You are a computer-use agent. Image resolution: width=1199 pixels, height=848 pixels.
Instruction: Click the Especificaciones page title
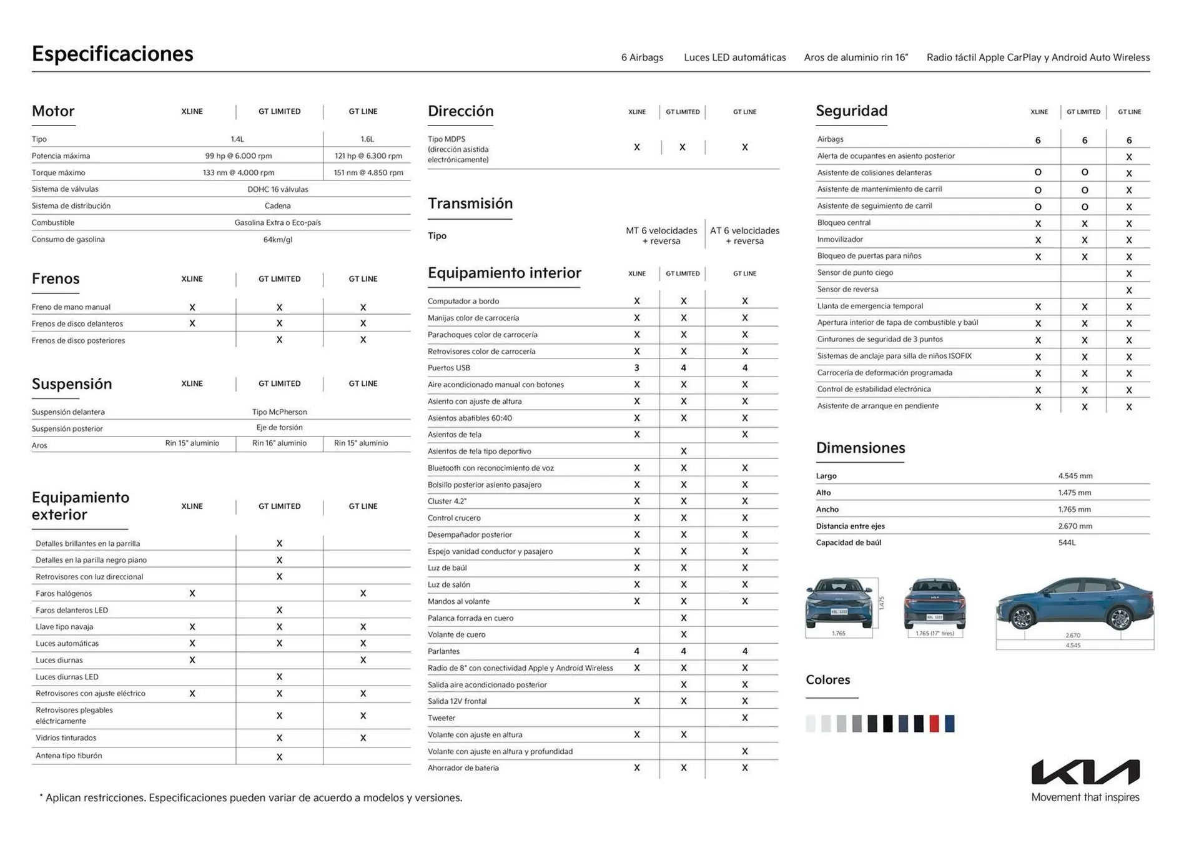point(112,54)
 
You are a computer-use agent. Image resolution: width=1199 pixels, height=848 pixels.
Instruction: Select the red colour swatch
point(934,724)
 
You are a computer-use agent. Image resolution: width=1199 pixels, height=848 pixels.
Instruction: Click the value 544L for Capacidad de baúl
point(1067,543)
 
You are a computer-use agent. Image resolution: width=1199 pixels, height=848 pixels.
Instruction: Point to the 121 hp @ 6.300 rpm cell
point(368,156)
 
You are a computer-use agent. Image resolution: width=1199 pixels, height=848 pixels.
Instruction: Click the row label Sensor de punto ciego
point(855,273)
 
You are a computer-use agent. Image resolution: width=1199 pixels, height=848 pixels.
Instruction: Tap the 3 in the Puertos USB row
point(636,368)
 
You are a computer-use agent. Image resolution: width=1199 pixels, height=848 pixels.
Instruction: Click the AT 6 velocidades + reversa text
point(744,236)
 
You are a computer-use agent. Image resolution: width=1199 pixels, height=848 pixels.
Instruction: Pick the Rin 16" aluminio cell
point(279,443)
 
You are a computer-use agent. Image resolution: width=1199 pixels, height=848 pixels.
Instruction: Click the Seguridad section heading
point(851,111)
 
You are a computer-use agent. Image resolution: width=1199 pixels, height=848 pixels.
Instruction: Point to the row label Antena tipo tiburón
point(69,756)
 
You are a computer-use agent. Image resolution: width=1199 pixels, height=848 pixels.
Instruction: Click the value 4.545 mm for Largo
point(1075,476)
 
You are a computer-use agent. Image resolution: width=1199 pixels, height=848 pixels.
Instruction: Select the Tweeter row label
point(442,718)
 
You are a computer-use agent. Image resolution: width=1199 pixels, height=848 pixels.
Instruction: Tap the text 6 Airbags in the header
point(642,57)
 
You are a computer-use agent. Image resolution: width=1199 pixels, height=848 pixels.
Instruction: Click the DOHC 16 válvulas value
point(277,189)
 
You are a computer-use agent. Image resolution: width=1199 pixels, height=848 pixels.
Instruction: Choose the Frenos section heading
point(56,279)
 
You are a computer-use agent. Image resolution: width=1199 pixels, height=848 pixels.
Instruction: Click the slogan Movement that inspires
point(1085,797)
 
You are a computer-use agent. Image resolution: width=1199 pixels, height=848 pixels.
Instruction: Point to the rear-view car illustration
point(934,604)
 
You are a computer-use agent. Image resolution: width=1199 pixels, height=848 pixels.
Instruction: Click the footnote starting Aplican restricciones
point(251,798)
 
